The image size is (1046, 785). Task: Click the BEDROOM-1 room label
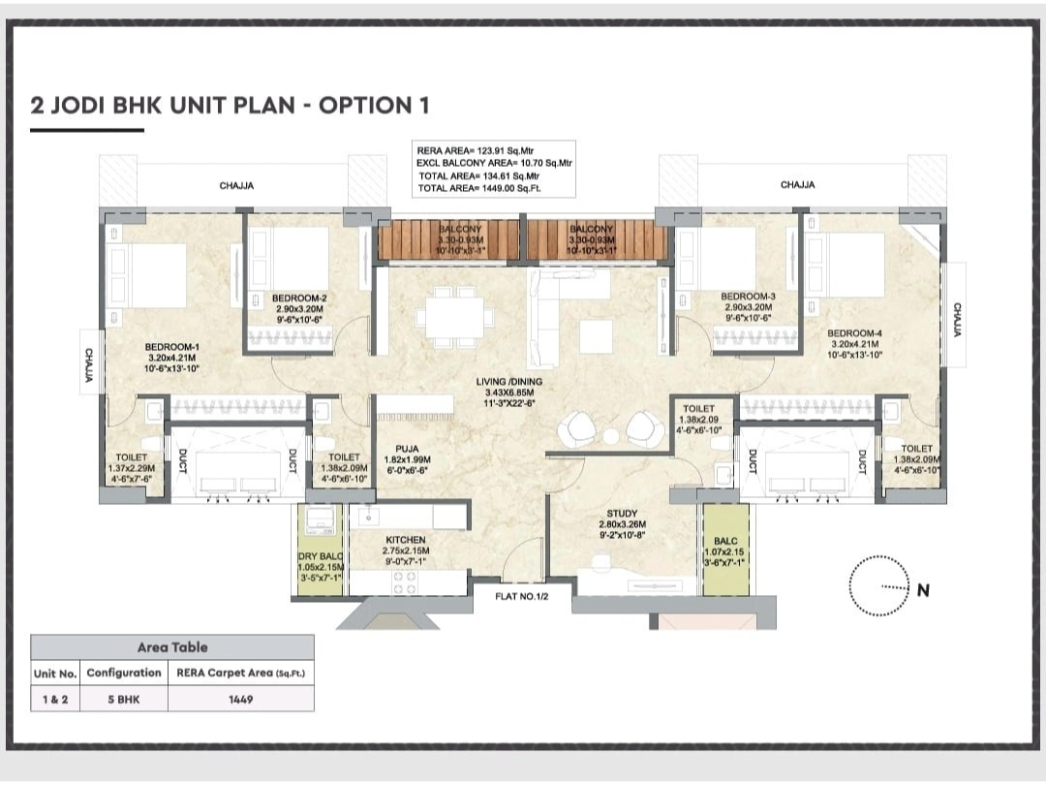point(172,346)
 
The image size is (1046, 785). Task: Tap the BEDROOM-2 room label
point(299,298)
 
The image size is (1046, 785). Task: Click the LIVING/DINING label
point(509,382)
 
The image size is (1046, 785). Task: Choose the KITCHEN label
point(405,540)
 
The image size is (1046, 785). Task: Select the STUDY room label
point(622,514)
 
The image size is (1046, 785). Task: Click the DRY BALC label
point(321,556)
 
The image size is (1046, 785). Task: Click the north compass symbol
point(882,586)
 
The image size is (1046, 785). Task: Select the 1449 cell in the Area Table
point(241,699)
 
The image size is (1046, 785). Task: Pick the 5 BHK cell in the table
point(123,699)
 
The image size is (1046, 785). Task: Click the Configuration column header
point(123,673)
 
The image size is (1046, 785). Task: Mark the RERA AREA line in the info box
point(477,151)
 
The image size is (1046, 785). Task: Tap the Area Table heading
point(172,646)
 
